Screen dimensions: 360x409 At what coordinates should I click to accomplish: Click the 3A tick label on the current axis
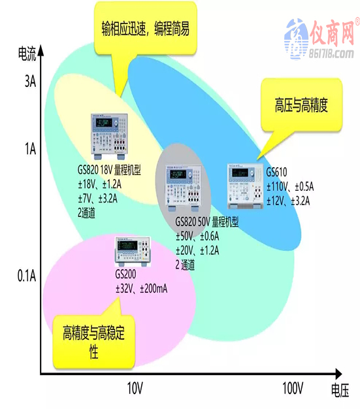click(x=30, y=82)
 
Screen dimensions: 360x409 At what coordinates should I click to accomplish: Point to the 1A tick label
click(x=30, y=149)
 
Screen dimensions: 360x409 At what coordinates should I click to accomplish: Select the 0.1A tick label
click(x=27, y=276)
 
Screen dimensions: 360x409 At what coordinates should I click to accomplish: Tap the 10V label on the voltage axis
click(x=135, y=388)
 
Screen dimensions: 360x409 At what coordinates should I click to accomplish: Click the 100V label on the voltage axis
click(x=293, y=388)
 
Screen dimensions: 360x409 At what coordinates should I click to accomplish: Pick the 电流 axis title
click(x=27, y=54)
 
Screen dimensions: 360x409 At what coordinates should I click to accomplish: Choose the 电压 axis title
click(x=340, y=391)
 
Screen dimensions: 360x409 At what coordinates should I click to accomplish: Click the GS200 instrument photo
click(x=133, y=252)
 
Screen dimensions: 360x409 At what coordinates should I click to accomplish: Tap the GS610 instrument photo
click(x=245, y=186)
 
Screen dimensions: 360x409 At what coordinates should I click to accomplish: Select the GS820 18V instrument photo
click(x=109, y=137)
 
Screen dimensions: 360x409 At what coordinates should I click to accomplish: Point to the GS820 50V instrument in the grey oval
click(x=184, y=188)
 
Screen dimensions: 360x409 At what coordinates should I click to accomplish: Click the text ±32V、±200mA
click(x=142, y=289)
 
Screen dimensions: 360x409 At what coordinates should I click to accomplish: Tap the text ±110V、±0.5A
click(x=290, y=187)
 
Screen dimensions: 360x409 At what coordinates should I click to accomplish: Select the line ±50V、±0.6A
click(x=197, y=237)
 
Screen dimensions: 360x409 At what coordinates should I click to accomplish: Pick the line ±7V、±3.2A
click(x=97, y=199)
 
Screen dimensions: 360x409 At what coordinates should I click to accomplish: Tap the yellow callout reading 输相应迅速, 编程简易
click(x=145, y=29)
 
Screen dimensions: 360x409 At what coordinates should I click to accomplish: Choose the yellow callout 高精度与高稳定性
click(x=94, y=342)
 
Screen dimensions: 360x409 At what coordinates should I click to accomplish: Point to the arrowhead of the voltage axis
click(x=338, y=374)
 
